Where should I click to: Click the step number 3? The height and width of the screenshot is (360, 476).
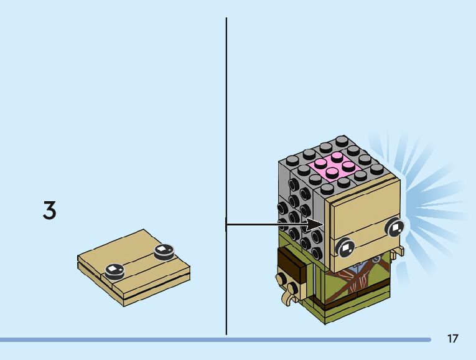tap(49, 211)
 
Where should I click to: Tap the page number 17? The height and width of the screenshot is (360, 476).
tap(452, 338)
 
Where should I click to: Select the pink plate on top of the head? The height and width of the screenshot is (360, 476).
tap(337, 167)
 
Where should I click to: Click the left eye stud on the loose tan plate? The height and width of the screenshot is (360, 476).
tap(114, 270)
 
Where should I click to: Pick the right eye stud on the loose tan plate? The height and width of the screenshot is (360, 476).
tap(163, 250)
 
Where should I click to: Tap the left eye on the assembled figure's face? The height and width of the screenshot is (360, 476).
tap(345, 249)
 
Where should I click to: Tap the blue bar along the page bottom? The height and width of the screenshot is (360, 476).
tap(212, 339)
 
